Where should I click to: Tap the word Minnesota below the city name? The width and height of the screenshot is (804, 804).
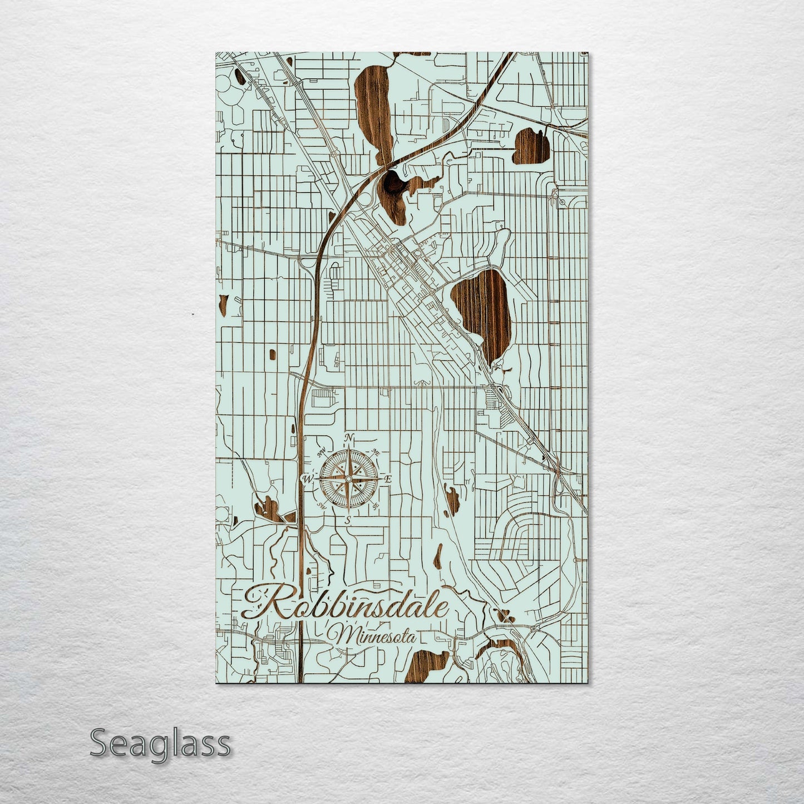coord(376,635)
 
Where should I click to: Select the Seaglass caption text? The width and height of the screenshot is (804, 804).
coord(160,743)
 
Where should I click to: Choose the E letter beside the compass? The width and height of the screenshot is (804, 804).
coord(389,479)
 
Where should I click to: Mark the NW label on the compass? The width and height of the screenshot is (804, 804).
coord(321,452)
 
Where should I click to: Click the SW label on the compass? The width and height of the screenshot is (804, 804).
coord(321,505)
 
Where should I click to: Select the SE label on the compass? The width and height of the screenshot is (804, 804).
coord(376,505)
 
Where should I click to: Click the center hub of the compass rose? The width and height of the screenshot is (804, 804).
coord(348,479)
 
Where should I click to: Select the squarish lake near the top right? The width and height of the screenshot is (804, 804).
coord(531,147)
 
